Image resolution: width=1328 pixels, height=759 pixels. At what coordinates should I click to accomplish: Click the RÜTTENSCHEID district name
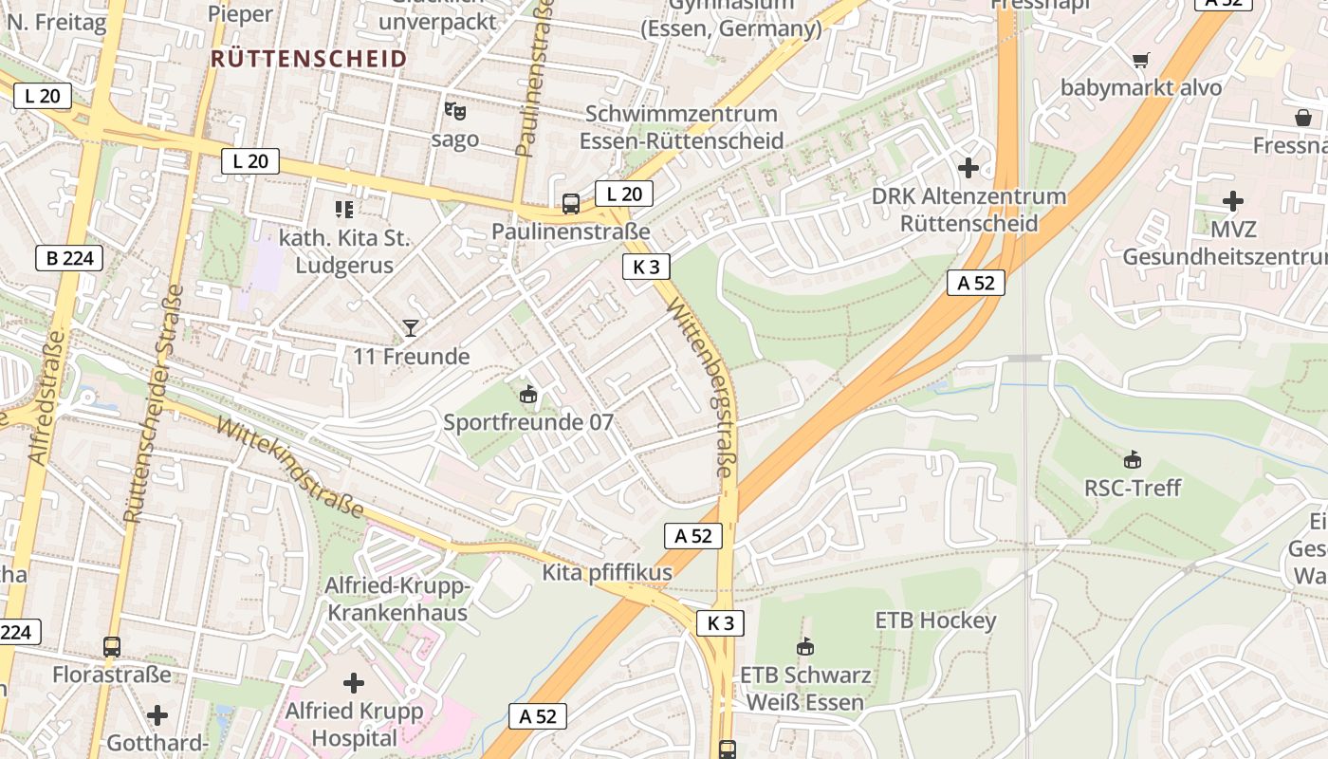pos(309,59)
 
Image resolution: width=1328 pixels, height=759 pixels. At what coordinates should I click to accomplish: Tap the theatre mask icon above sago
pos(455,111)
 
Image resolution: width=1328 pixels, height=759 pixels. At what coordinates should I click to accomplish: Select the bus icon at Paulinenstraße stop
pos(571,203)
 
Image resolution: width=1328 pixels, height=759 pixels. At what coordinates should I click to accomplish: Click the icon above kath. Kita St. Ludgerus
pos(343,209)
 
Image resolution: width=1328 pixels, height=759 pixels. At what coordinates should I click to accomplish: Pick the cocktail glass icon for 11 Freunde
pos(411,328)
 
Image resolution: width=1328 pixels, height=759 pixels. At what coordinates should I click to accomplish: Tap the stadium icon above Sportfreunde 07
pos(528,394)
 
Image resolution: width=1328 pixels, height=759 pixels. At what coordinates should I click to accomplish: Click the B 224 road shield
pos(68,258)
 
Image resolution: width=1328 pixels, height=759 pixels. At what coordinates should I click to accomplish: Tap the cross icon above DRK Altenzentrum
pos(968,168)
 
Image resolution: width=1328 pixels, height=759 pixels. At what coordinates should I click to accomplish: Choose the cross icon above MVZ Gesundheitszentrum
pos(1233,201)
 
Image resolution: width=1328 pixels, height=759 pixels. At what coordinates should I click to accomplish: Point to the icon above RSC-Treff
pos(1132,460)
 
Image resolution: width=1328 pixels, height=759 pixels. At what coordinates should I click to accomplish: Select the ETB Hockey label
pos(935,620)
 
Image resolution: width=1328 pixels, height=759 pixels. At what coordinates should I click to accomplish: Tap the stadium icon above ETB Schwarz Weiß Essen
pos(805,647)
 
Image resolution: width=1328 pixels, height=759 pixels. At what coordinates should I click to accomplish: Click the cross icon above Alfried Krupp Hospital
pos(354,682)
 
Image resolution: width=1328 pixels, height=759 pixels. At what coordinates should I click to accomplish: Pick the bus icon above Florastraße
pos(112,647)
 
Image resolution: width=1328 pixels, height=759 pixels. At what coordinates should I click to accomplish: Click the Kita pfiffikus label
pos(607,572)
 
